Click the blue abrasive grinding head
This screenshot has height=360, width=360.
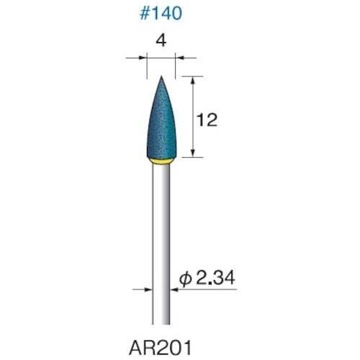(x=161, y=130)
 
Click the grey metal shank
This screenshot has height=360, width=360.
(x=161, y=238)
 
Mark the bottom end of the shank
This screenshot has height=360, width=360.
(x=161, y=323)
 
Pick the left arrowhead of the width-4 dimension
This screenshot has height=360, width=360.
(x=142, y=60)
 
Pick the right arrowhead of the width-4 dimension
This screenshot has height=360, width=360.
(x=180, y=60)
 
